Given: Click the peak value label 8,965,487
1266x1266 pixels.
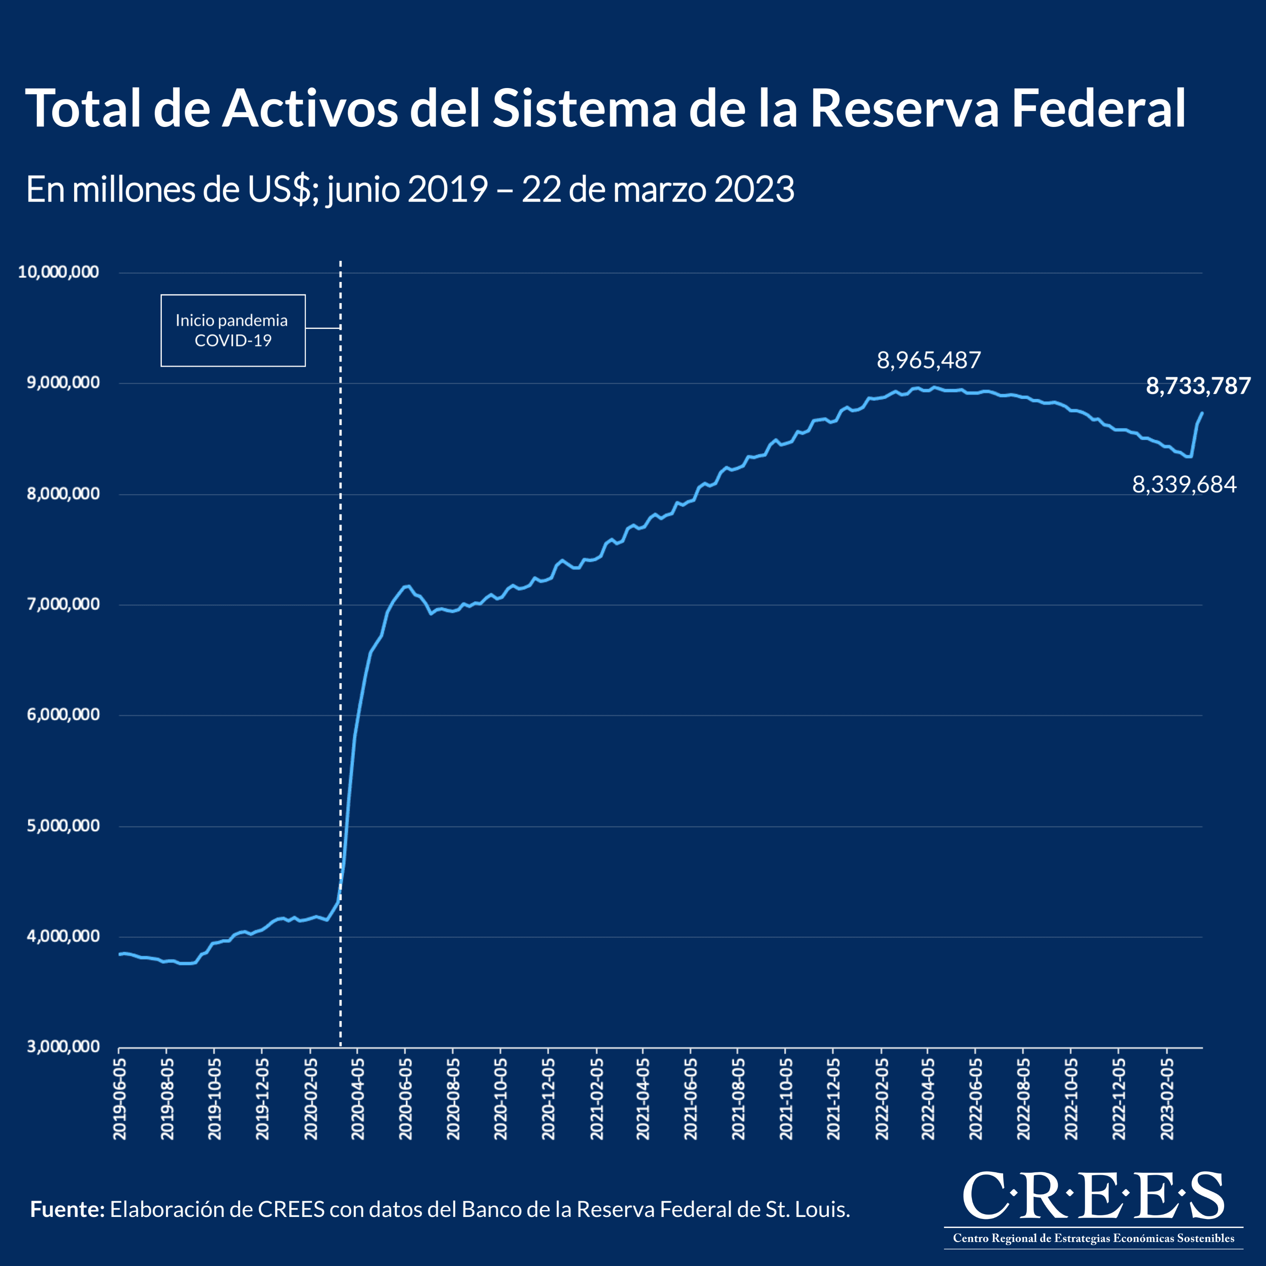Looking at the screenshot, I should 929,360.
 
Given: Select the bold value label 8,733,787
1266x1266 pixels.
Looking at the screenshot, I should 1198,386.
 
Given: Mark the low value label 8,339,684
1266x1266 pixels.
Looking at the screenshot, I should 1184,485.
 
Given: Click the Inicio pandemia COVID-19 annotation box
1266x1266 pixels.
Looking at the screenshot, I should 232,330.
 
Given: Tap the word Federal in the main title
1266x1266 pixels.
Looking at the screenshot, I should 1098,109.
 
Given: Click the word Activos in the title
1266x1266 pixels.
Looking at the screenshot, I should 309,109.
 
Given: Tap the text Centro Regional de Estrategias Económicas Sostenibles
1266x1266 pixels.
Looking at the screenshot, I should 1093,1238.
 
